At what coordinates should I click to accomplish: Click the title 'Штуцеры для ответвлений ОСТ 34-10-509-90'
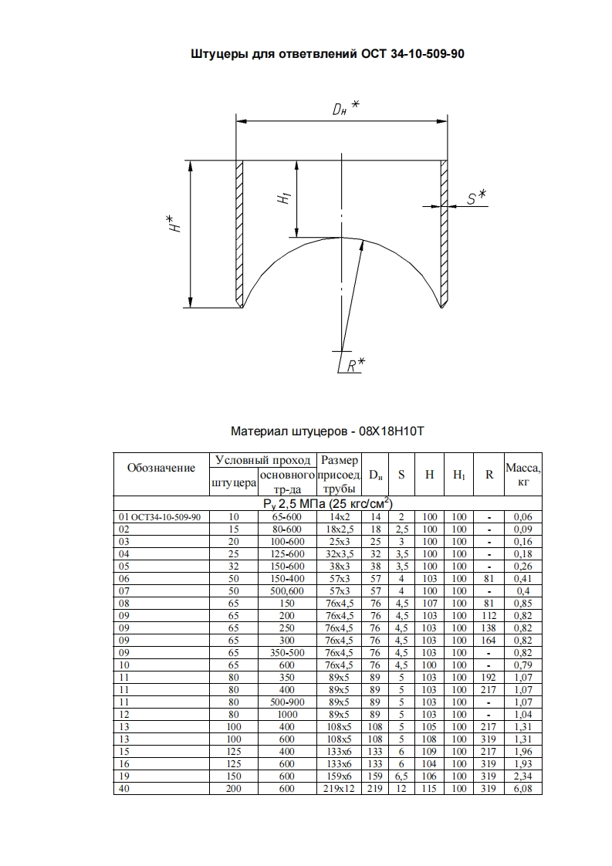point(327,55)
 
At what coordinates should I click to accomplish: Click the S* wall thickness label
point(475,198)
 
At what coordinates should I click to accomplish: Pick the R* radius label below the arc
point(355,365)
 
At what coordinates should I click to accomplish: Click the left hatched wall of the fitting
point(239,232)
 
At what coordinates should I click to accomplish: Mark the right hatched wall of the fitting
point(444,232)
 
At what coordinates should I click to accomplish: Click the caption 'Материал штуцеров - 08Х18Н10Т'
point(327,431)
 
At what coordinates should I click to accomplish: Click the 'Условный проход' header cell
point(262,460)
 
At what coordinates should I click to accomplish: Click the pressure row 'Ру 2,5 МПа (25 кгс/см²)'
point(327,504)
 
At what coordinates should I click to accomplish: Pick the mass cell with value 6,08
point(522,788)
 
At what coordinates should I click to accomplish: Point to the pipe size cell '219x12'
point(337,788)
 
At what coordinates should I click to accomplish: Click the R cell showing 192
point(489,677)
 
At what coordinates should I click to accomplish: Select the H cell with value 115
point(430,788)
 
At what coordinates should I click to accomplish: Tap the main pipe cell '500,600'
point(286,590)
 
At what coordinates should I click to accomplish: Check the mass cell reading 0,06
point(522,516)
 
